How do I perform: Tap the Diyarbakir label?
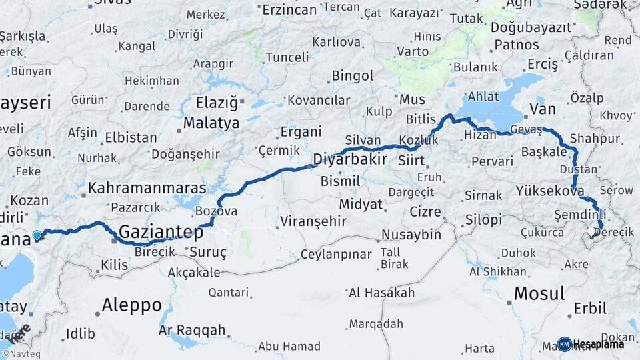(350, 160)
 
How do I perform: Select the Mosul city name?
(539, 293)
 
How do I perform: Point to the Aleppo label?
(131, 305)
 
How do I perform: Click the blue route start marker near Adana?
(37, 235)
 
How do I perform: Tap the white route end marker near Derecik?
(591, 232)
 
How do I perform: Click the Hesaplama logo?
(591, 344)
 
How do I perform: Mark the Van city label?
(541, 108)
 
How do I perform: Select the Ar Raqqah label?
(191, 331)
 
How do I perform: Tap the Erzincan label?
(289, 9)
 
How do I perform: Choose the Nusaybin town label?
(411, 235)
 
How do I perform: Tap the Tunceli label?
(287, 57)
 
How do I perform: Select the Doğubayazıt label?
(531, 27)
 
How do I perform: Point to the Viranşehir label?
(313, 221)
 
